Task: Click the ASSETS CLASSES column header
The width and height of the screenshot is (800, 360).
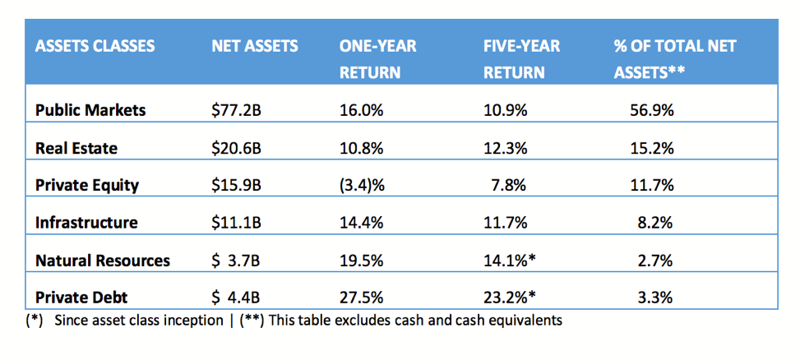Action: [95, 46]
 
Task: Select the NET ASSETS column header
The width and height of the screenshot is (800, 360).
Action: [254, 46]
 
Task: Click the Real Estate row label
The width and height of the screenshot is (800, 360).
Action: [76, 148]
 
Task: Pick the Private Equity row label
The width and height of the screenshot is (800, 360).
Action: [86, 185]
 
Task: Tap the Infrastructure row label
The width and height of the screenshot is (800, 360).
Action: [86, 223]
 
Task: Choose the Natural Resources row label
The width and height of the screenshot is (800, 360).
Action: [103, 261]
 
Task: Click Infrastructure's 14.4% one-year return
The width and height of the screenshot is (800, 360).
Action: [360, 223]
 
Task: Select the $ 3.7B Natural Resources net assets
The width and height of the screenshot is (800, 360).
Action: [236, 261]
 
